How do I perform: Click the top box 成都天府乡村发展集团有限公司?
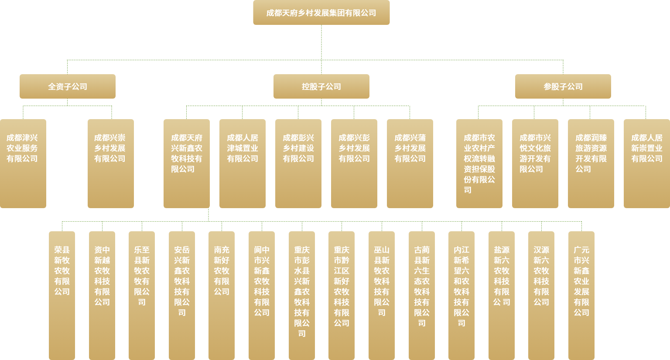click(321, 13)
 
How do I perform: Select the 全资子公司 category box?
click(68, 86)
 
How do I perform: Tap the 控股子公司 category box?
click(321, 86)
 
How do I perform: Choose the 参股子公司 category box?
click(563, 86)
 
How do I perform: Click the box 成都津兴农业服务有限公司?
click(23, 164)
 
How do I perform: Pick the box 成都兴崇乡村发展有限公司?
click(110, 164)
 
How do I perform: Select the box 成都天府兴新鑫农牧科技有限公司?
click(187, 164)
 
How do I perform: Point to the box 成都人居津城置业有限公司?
click(243, 164)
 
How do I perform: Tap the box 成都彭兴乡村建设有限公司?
click(298, 164)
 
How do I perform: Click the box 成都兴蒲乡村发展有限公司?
click(410, 164)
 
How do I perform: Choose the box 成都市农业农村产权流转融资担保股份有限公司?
click(479, 164)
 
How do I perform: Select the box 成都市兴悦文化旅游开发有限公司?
click(535, 164)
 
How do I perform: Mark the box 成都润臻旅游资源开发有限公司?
click(591, 164)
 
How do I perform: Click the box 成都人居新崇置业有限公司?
click(647, 164)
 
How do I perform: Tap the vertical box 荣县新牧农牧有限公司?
click(62, 295)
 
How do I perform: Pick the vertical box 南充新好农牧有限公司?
click(222, 295)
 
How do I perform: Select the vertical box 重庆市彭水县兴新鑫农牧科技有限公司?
click(302, 295)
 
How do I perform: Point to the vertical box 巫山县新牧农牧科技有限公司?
click(382, 295)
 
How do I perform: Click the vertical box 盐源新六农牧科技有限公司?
click(502, 295)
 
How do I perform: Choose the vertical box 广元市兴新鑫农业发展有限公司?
click(581, 295)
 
